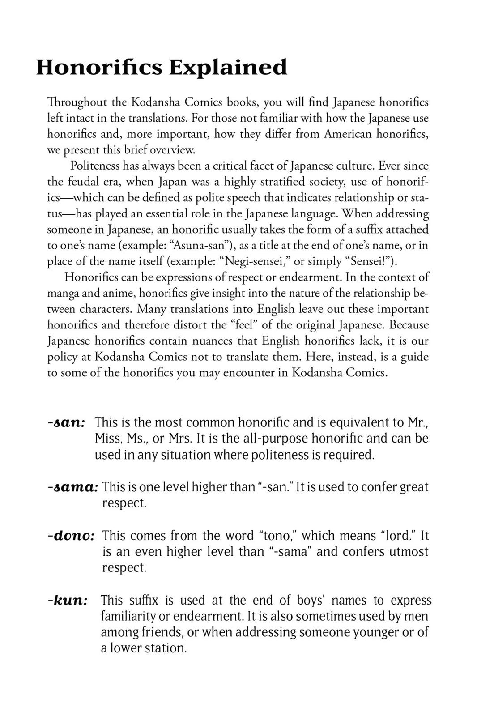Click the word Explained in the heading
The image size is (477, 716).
coord(228,68)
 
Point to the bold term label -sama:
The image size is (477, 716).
coord(72,487)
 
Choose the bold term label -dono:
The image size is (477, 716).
coord(71,536)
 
